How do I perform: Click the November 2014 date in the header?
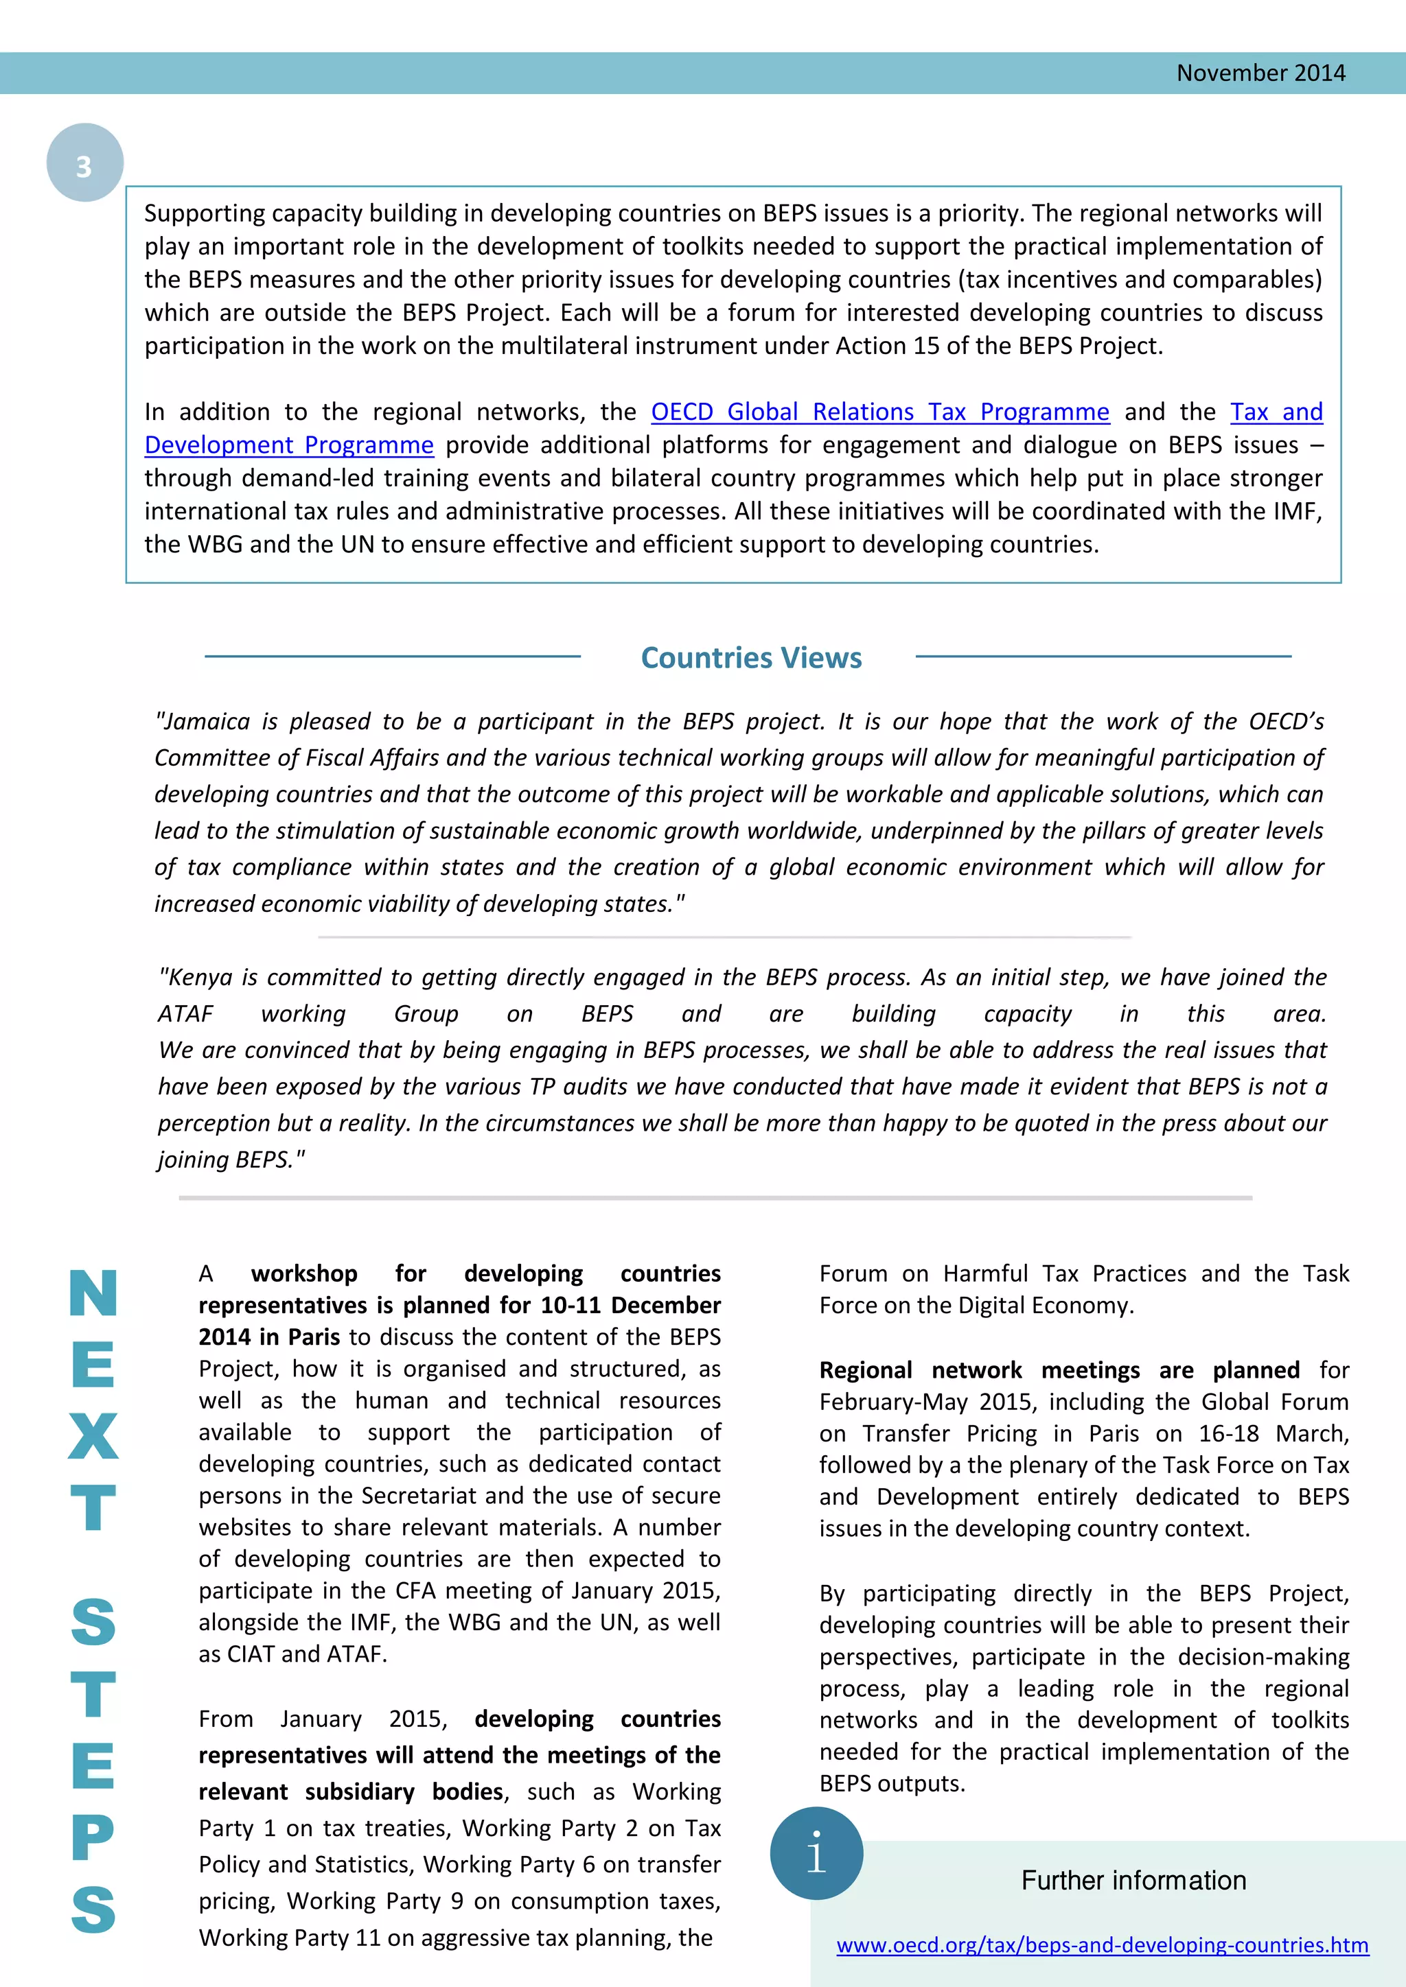[x=1260, y=73]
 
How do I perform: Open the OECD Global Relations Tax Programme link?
[x=879, y=412]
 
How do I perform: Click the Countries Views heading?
[x=750, y=659]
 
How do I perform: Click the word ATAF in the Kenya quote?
[x=185, y=1014]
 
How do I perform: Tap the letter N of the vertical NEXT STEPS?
[x=93, y=1294]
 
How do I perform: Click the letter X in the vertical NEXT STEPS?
[x=93, y=1437]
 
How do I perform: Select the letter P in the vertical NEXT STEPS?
[x=93, y=1837]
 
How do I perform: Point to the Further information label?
[x=1133, y=1881]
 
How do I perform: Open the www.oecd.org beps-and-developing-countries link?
[x=1102, y=1945]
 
